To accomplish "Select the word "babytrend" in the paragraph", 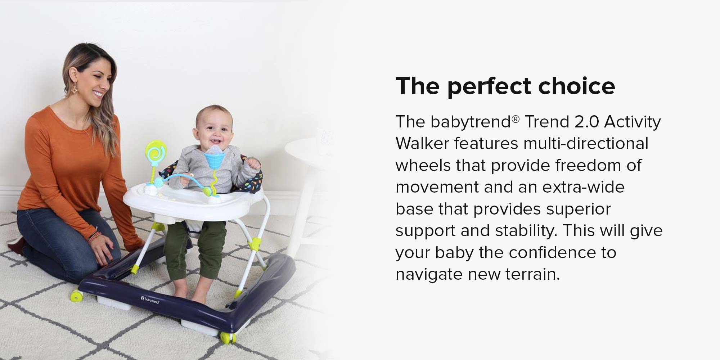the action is pos(471,122).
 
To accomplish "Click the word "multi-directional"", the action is pos(586,144).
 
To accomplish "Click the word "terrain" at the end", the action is pos(533,274).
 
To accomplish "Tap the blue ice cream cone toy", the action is pos(215,158).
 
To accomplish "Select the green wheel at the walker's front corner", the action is pos(227,337).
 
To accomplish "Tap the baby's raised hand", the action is pos(254,164).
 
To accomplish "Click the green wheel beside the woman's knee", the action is pos(77,296).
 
